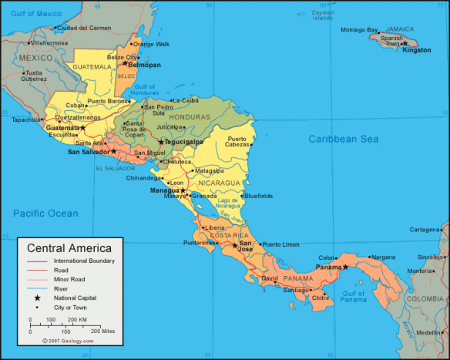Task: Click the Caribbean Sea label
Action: tap(344, 139)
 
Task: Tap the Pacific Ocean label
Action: tap(45, 213)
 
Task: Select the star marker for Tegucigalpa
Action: tap(161, 142)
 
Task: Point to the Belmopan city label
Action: tap(144, 66)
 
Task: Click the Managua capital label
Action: tap(164, 190)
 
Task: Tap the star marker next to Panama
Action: tap(346, 267)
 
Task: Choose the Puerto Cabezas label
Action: tap(237, 142)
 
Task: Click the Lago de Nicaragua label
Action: tap(227, 204)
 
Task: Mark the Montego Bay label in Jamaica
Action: tap(359, 30)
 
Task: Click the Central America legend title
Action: tap(69, 248)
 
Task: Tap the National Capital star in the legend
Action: tap(35, 297)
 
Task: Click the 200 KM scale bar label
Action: tap(77, 319)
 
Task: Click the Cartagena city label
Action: tap(424, 230)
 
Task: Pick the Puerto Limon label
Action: tap(280, 244)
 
